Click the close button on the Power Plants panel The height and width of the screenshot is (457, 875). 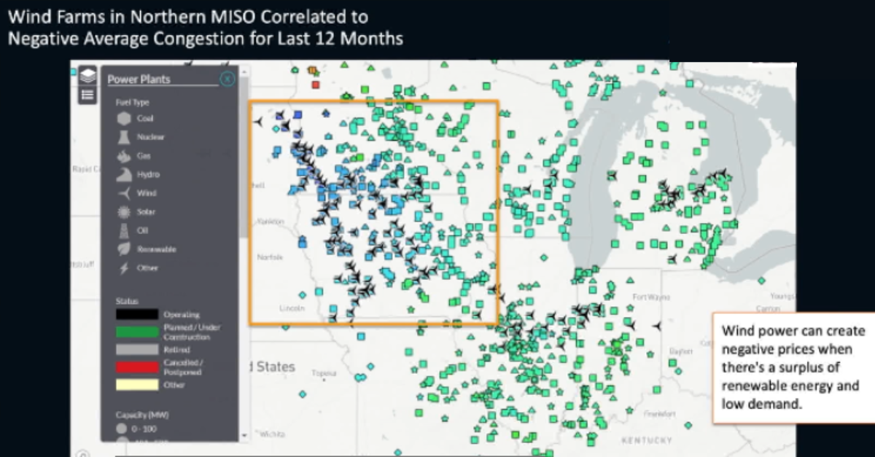click(227, 79)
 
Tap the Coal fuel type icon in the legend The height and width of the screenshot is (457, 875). click(124, 118)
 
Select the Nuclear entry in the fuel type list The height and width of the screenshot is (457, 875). click(150, 137)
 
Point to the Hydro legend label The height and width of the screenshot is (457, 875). click(148, 175)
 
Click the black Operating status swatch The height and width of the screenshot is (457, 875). click(136, 314)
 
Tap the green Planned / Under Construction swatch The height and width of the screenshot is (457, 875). click(136, 332)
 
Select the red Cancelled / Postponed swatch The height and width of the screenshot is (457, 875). click(136, 367)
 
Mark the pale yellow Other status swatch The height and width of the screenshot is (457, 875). click(136, 385)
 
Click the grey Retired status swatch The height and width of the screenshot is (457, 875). click(136, 350)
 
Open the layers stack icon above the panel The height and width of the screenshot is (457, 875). click(87, 75)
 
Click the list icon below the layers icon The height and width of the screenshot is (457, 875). click(87, 94)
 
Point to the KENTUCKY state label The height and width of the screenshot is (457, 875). click(646, 440)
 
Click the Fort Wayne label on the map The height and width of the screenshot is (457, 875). click(651, 297)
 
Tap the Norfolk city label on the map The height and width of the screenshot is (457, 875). click(270, 257)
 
